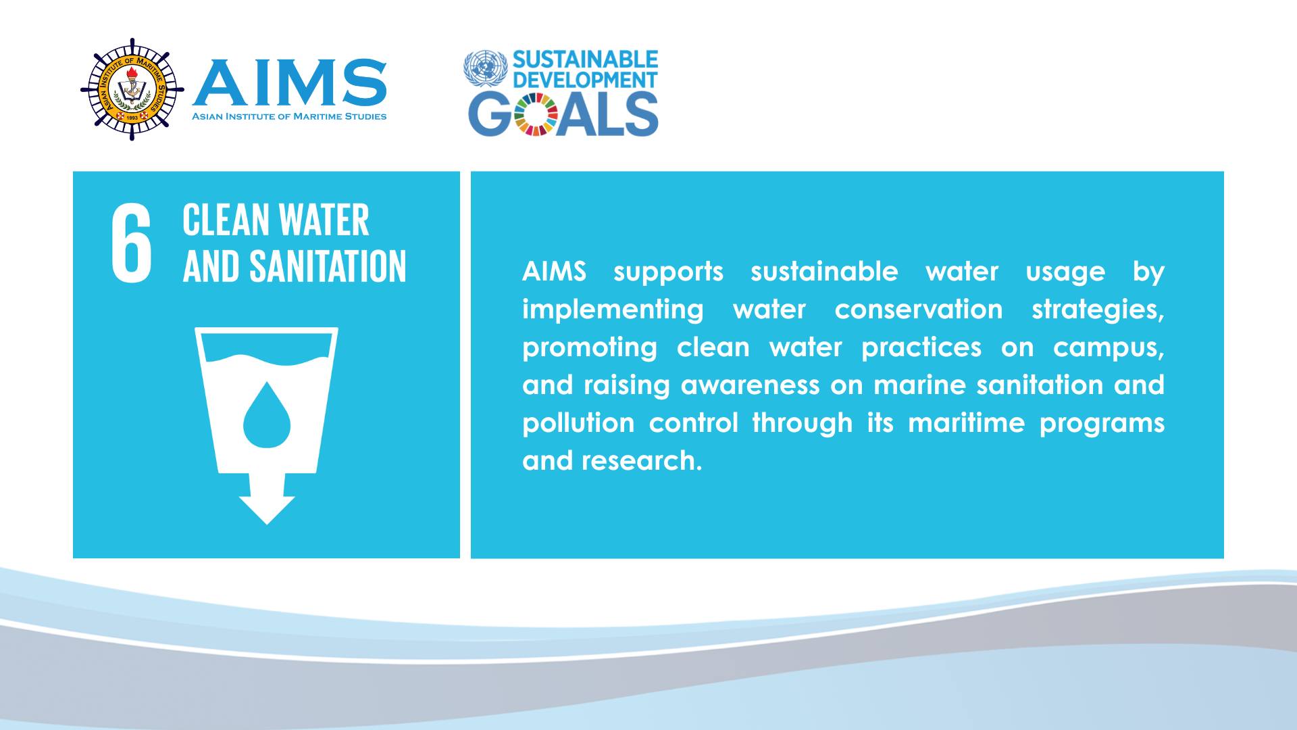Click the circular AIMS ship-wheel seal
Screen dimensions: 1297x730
[132, 89]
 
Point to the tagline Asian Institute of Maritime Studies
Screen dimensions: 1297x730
[290, 116]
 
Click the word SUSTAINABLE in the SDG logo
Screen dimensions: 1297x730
[585, 59]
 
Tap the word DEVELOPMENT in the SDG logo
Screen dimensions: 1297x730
[585, 80]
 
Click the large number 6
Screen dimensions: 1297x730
[132, 243]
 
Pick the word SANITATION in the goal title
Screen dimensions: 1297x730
[328, 266]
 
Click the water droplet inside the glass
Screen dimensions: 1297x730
[267, 415]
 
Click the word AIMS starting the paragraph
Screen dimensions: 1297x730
[554, 272]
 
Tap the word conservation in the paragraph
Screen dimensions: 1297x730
[919, 310]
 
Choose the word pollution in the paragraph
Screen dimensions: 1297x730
[578, 424]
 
